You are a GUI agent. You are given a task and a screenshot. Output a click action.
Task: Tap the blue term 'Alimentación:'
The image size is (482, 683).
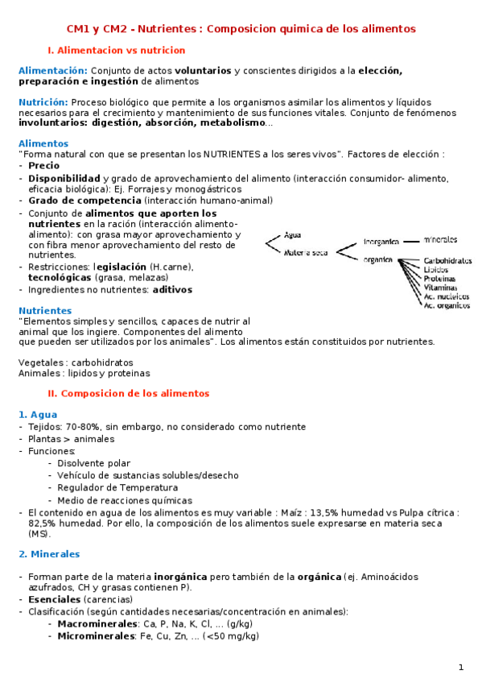pyautogui.click(x=53, y=71)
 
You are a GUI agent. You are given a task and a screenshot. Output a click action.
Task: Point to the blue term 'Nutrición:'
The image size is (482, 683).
pyautogui.click(x=43, y=102)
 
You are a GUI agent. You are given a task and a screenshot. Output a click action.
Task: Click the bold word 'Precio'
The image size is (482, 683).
pyautogui.click(x=43, y=165)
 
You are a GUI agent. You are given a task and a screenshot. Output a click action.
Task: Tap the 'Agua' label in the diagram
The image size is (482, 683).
pyautogui.click(x=293, y=235)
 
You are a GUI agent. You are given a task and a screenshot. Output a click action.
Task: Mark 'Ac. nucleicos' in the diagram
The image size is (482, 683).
pyautogui.click(x=447, y=296)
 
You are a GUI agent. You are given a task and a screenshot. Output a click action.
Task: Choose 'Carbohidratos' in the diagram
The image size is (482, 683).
pyautogui.click(x=447, y=261)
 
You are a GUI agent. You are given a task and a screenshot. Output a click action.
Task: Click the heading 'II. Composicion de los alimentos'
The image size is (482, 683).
pyautogui.click(x=129, y=393)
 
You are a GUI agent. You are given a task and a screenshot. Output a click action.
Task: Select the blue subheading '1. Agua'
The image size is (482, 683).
pyautogui.click(x=36, y=414)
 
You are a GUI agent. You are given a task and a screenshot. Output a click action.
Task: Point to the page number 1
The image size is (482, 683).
pyautogui.click(x=461, y=667)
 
